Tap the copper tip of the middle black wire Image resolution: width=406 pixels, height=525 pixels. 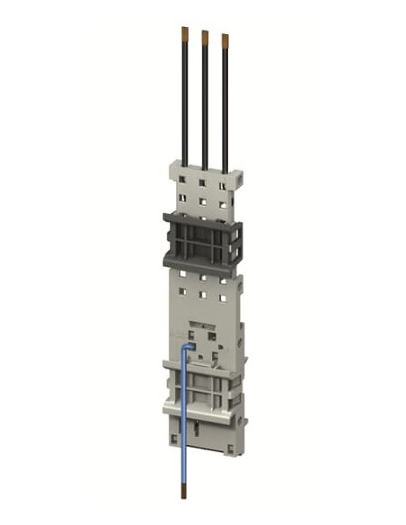pos(205,37)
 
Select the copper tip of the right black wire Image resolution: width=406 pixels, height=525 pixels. pos(225,40)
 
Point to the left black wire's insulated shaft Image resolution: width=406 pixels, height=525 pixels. pos(185,99)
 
